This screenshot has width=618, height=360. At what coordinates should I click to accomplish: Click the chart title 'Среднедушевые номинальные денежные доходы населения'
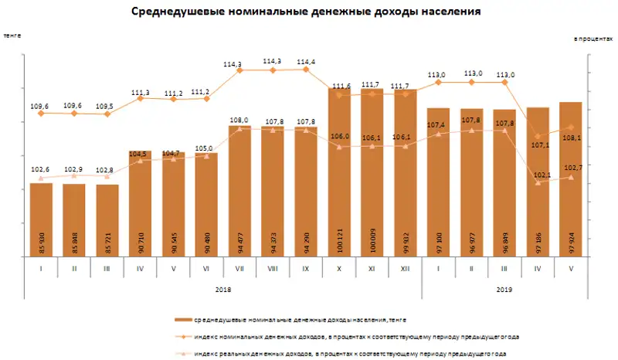coord(307,12)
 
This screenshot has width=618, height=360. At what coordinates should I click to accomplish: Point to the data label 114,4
coord(306,61)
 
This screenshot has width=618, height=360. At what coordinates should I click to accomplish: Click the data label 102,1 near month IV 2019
coord(538,175)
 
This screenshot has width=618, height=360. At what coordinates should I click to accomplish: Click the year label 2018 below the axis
coord(222,289)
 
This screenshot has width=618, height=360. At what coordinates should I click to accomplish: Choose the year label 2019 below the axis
coord(504,289)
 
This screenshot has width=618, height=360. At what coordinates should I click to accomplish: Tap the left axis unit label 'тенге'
coord(12,35)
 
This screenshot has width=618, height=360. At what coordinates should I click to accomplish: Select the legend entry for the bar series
coord(300,318)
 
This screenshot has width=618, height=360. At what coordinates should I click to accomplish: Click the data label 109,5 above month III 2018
coord(107,105)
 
